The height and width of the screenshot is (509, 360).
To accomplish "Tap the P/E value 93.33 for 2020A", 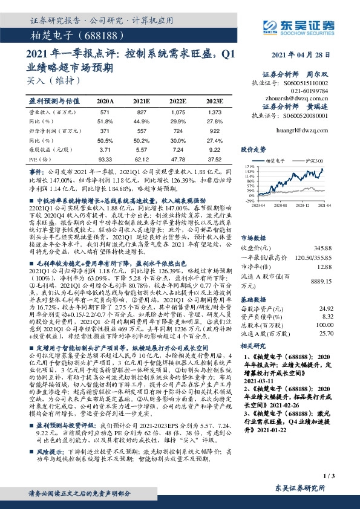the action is (x=105, y=158).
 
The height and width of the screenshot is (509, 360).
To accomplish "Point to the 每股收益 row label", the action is (x=46, y=149).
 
